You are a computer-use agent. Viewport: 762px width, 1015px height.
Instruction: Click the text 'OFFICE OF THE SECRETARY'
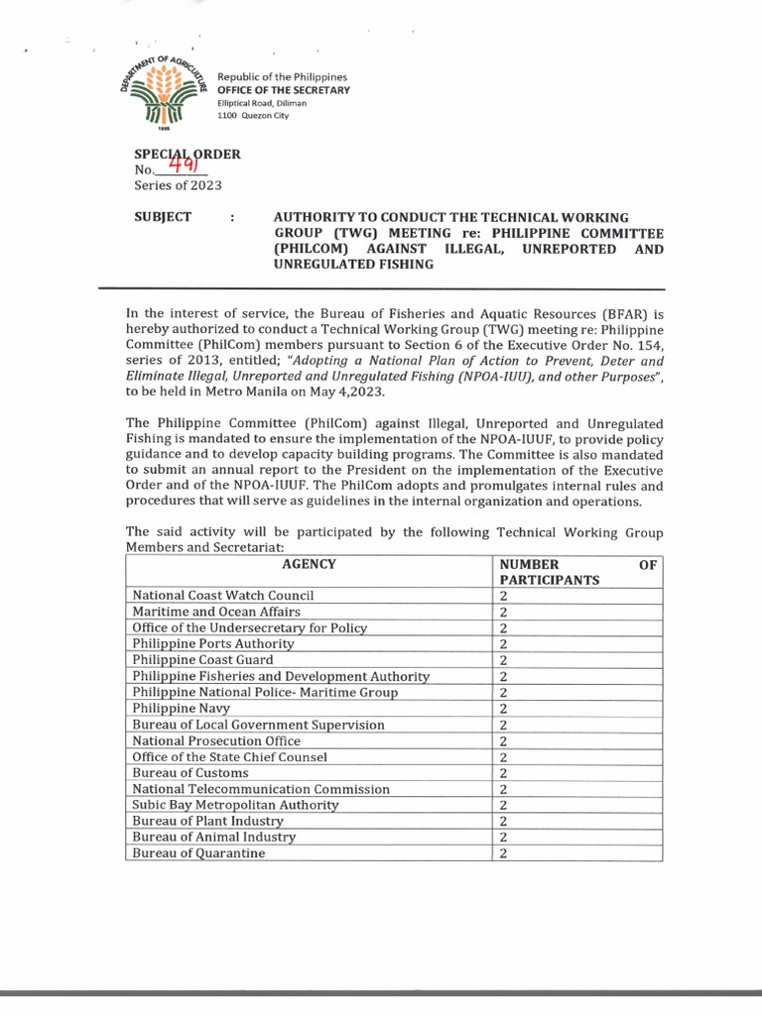click(x=284, y=90)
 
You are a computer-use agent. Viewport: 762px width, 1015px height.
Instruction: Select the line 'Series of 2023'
click(x=178, y=185)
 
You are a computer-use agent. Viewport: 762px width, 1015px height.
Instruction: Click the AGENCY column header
click(x=309, y=564)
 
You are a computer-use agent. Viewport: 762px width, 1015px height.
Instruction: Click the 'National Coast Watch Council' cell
click(x=223, y=596)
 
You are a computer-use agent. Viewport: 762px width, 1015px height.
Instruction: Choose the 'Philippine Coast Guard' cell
click(x=203, y=659)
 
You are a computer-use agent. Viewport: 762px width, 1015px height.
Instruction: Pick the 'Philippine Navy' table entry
click(x=182, y=709)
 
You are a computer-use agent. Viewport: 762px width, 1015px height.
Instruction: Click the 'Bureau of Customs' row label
click(x=190, y=773)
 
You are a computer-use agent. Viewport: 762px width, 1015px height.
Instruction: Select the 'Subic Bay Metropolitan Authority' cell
click(x=236, y=805)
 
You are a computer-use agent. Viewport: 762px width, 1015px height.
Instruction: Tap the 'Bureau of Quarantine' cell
click(x=199, y=853)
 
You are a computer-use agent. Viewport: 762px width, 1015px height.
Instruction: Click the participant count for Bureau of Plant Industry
click(x=504, y=821)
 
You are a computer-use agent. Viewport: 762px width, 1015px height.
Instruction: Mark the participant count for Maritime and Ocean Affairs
click(x=504, y=612)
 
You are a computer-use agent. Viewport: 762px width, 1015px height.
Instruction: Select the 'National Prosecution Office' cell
click(x=216, y=740)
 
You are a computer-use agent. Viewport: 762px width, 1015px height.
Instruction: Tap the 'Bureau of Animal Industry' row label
click(x=214, y=838)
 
